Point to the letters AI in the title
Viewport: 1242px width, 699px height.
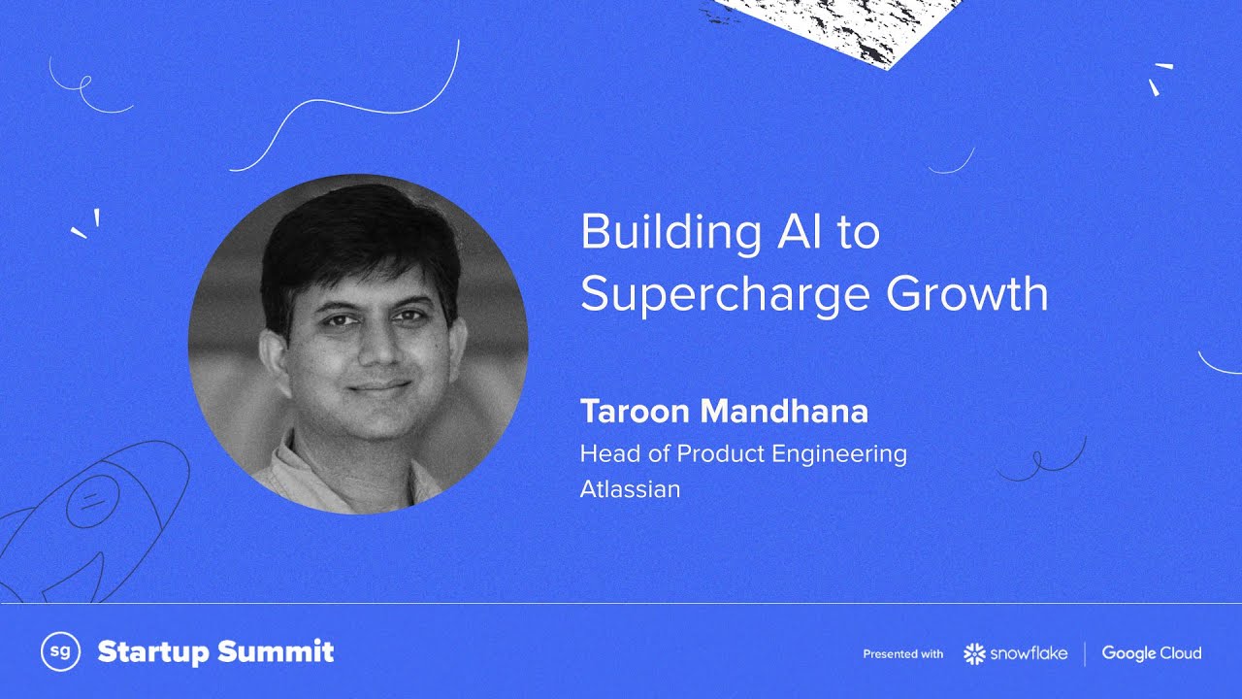pos(809,233)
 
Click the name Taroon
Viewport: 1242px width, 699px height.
pos(634,412)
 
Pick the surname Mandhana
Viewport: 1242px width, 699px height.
pos(783,412)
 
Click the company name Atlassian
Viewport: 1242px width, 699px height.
pos(630,488)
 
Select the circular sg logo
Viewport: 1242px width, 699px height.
pos(59,652)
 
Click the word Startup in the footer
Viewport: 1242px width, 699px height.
pos(153,652)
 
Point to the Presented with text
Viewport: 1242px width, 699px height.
pos(902,654)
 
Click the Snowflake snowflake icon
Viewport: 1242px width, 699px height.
pos(974,653)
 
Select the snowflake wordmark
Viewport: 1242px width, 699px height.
pos(1029,653)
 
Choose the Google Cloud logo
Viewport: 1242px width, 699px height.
pos(1151,653)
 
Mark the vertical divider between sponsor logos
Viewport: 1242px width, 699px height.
pos(1085,653)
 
